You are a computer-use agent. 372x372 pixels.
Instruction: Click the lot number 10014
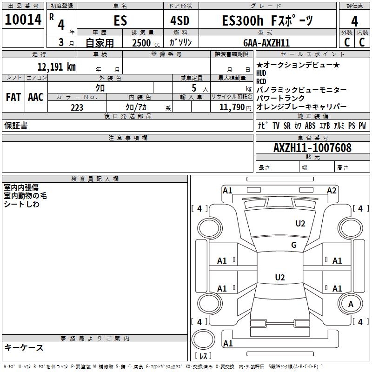(x=23, y=20)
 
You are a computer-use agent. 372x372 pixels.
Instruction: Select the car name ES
(x=120, y=21)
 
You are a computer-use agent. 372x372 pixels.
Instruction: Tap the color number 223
(x=77, y=107)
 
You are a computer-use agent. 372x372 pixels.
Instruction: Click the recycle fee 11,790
(x=233, y=107)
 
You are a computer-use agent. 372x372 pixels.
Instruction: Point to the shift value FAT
(x=13, y=97)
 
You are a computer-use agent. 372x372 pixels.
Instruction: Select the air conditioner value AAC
(x=35, y=97)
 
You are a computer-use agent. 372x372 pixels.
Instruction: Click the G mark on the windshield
(x=294, y=245)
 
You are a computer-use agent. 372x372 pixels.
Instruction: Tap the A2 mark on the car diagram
(x=332, y=191)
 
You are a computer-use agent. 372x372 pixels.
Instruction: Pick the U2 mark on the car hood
(x=300, y=224)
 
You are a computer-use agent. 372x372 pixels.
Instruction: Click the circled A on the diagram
(x=351, y=305)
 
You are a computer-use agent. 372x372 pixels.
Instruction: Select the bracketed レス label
(x=203, y=356)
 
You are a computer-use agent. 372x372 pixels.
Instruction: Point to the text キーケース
(x=24, y=348)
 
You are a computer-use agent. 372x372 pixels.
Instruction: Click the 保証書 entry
(x=16, y=126)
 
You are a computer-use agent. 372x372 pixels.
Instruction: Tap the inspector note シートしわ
(x=21, y=204)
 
